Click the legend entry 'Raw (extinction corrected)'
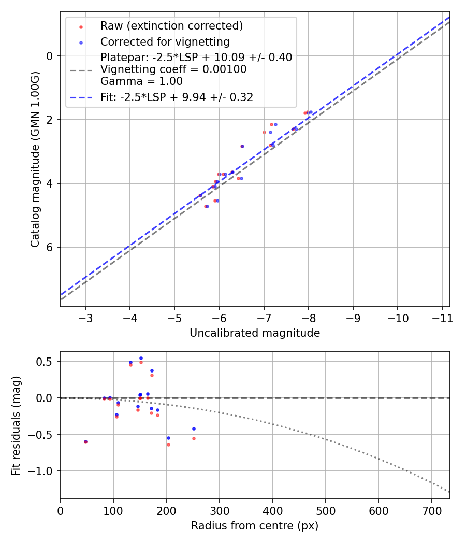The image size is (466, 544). coord(171,26)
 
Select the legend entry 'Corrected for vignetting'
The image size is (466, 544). coord(165,41)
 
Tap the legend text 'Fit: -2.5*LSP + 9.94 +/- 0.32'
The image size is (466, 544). coord(177,97)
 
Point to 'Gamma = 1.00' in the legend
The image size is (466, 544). coord(141,81)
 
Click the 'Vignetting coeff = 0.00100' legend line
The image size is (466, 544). coord(173,69)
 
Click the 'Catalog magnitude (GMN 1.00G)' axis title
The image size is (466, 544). coord(35,160)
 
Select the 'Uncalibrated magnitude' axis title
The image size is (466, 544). coord(255,333)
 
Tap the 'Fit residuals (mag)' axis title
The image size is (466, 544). coord(16,425)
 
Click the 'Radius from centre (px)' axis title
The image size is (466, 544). coord(255,526)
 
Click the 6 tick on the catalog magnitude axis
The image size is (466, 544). coord(50,247)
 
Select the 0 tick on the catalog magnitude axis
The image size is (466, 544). coord(50,56)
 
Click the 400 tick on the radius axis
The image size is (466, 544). coord(272,511)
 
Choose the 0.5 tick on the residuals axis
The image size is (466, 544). coord(47,362)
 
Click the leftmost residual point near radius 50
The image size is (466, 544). coord(85,442)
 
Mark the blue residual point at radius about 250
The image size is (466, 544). coord(194,428)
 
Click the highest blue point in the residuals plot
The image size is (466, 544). coord(141,358)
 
